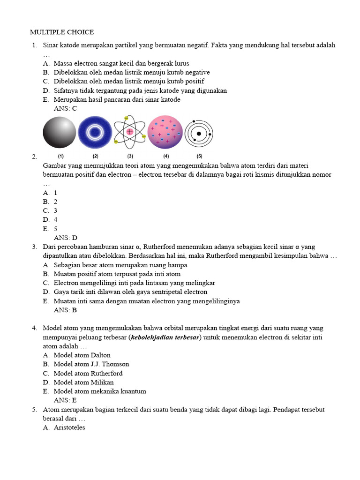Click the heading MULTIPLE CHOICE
click(x=62, y=32)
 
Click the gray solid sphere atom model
click(x=60, y=133)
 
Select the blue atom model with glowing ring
click(x=95, y=133)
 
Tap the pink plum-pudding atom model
click(x=165, y=133)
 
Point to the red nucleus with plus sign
click(x=130, y=132)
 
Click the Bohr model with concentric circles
click(x=199, y=133)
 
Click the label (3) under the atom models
click(x=130, y=156)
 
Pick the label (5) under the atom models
click(x=199, y=156)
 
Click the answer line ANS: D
click(x=66, y=238)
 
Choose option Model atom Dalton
click(x=82, y=355)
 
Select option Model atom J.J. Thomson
click(x=91, y=364)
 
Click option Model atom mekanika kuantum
click(x=100, y=391)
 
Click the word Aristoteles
click(x=69, y=427)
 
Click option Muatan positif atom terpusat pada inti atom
click(x=117, y=274)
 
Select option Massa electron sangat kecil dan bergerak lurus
click(x=121, y=63)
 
